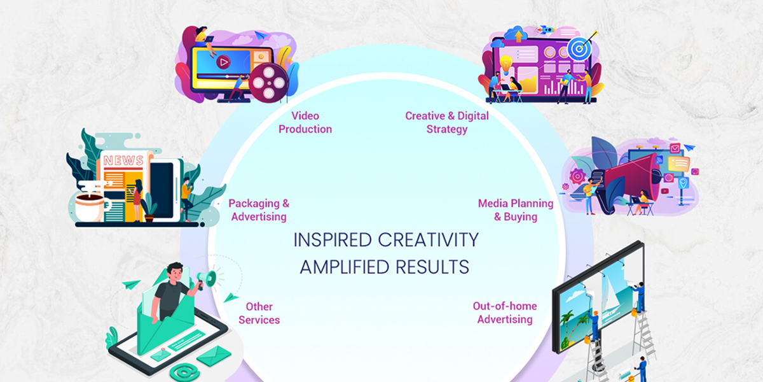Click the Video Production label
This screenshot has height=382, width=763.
coord(305,122)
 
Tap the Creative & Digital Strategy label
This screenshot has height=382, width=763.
coord(447,122)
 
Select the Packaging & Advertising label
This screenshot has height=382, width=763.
coord(259,210)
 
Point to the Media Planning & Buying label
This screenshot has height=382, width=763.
coord(516,210)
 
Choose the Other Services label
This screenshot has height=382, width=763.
coord(259,313)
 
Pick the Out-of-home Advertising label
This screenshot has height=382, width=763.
coord(505,313)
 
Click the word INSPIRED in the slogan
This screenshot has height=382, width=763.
coord(333,240)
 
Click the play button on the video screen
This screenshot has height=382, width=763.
coord(223,62)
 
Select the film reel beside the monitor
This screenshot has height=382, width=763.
coord(269,83)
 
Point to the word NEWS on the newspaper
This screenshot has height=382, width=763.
coord(123,160)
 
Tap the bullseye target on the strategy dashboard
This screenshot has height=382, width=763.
coord(579,49)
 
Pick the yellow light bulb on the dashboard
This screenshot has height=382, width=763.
coord(506,65)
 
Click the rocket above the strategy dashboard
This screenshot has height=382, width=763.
coord(546,30)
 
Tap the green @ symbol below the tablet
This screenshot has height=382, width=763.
coord(184,371)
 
